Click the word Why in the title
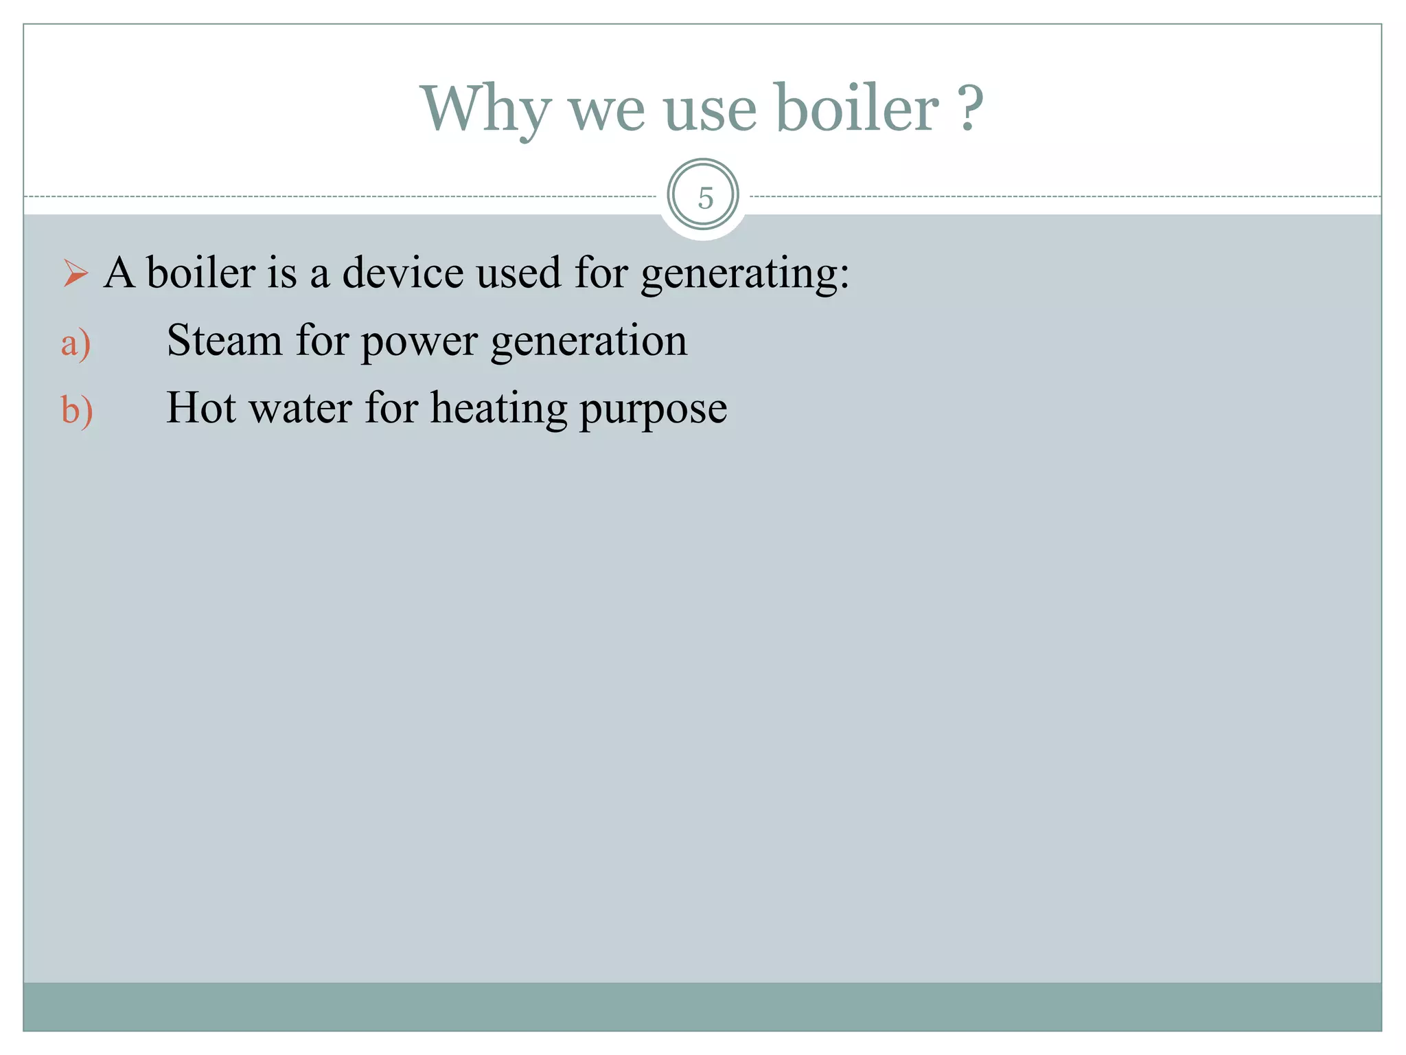coord(485,110)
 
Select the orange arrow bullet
coord(75,273)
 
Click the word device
coord(402,273)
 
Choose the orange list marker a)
coord(76,343)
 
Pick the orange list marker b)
coord(76,411)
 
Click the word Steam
coord(224,340)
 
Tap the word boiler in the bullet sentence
coord(201,273)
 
